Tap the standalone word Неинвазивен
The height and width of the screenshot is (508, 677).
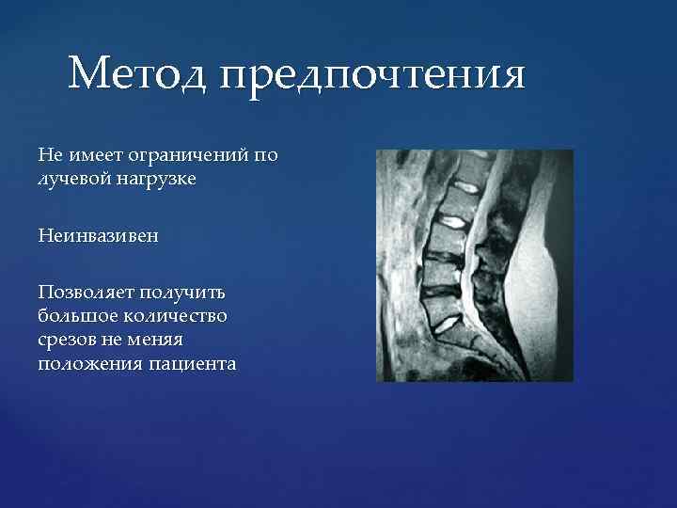pos(98,235)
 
